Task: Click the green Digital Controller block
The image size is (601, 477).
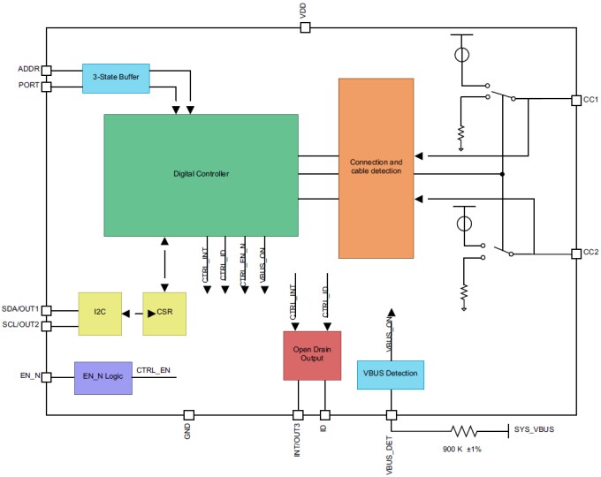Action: pos(201,174)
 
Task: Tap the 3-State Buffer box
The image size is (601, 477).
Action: pos(116,77)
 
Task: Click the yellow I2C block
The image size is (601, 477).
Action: pos(99,313)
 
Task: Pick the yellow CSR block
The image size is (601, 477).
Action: pos(164,313)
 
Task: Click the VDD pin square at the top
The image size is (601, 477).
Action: pos(305,27)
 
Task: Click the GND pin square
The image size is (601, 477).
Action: pos(188,415)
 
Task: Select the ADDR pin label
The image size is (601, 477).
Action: pos(28,69)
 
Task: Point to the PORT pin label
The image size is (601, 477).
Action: pos(28,86)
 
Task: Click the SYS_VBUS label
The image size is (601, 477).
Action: pos(534,430)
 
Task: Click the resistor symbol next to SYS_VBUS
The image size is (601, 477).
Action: pos(464,431)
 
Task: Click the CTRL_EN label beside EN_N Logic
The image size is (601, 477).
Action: pos(154,370)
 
